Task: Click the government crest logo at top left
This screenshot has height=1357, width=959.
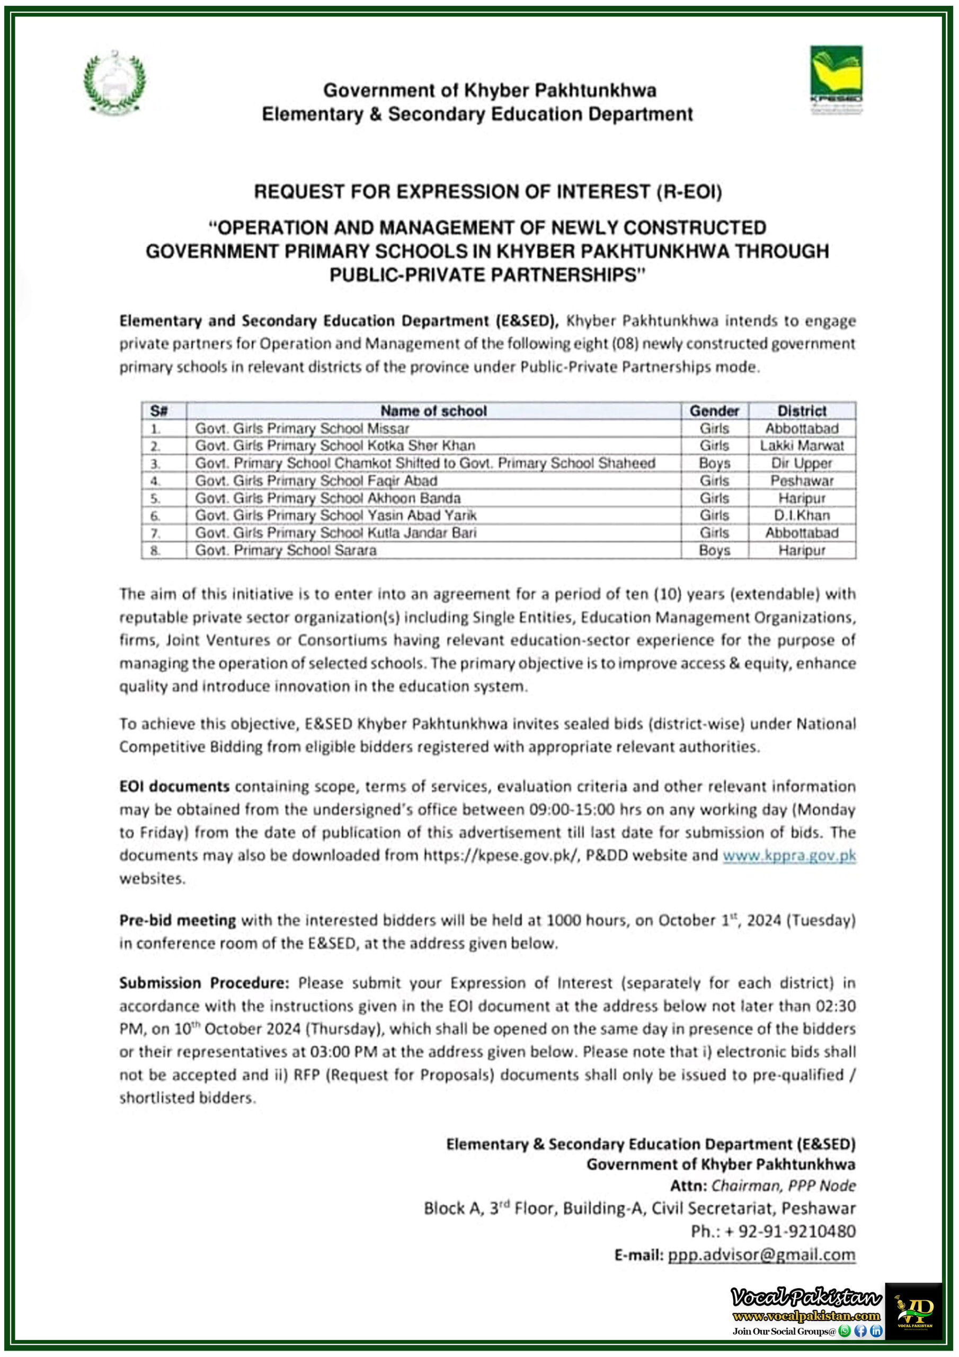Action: [x=114, y=81]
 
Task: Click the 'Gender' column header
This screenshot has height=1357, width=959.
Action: [x=714, y=411]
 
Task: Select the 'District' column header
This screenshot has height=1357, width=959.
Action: [x=801, y=411]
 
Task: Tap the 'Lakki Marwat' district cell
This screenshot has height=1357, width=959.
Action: [x=801, y=446]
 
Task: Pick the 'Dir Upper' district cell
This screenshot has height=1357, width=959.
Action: [x=801, y=463]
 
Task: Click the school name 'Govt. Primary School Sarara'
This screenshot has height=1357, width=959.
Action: [x=286, y=550]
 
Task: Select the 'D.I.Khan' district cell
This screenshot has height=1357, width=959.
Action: [x=801, y=515]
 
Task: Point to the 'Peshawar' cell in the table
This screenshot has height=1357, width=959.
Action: [x=801, y=480]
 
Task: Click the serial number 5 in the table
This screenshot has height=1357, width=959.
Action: [x=155, y=498]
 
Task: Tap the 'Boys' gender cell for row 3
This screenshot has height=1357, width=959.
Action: [x=714, y=463]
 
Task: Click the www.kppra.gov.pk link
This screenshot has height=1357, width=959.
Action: [x=789, y=855]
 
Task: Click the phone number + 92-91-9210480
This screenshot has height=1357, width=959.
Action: [x=773, y=1231]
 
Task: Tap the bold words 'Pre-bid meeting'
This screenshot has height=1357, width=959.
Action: [x=177, y=920]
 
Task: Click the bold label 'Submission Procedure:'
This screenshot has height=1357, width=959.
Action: [x=204, y=983]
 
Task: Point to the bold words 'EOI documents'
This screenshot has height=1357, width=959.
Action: [x=174, y=787]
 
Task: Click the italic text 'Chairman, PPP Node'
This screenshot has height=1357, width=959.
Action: [x=783, y=1186]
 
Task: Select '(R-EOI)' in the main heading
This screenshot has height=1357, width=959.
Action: [x=688, y=192]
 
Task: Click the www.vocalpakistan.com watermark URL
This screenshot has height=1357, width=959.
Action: [x=806, y=1316]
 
